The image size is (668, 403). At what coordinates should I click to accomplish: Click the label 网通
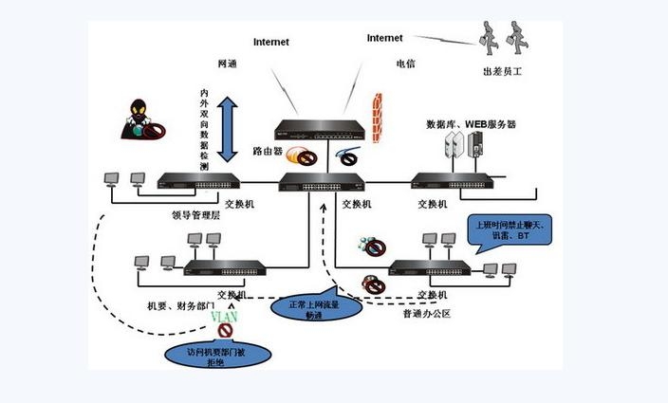(227, 64)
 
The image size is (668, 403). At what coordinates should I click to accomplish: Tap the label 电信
(405, 64)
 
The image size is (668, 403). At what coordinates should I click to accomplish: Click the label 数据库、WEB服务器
(471, 124)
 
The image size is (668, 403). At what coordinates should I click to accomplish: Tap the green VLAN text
(223, 315)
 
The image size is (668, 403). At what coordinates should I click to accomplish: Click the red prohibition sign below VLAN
(225, 331)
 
